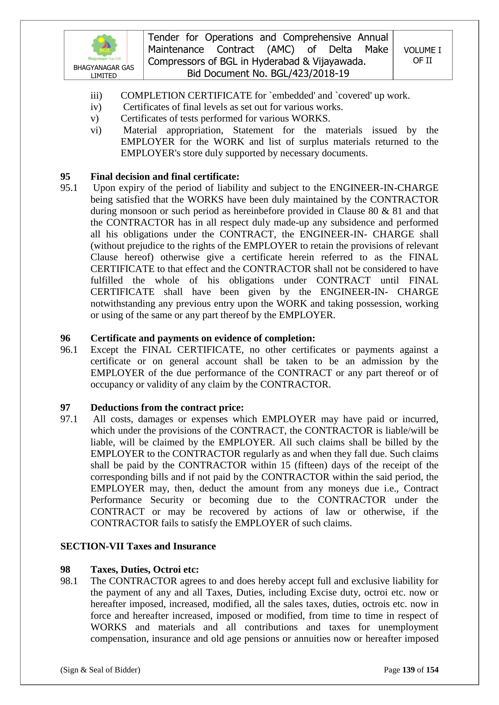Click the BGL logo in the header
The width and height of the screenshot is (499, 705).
coord(104,47)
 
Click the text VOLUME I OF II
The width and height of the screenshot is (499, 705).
coord(422,55)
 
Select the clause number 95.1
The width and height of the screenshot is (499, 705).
coord(69,188)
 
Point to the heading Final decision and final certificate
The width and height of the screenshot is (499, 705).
coord(165,177)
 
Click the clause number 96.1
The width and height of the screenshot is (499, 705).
coord(69,350)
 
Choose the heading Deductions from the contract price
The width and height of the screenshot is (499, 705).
coord(167,407)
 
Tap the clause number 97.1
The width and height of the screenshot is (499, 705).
coord(69,419)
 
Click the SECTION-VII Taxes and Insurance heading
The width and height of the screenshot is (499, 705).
coord(138,546)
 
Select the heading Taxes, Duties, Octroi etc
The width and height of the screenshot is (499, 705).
coord(145,569)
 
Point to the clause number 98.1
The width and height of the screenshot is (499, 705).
coord(69,581)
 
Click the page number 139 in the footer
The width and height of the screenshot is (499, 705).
coord(408,670)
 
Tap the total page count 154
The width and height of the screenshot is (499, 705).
coord(432,670)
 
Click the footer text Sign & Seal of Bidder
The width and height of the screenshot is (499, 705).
coord(100,670)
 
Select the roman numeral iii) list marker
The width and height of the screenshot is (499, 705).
coord(96,96)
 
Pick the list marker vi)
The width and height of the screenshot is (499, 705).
coord(96,130)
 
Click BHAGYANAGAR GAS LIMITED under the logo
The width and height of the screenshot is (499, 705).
coord(103,71)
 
